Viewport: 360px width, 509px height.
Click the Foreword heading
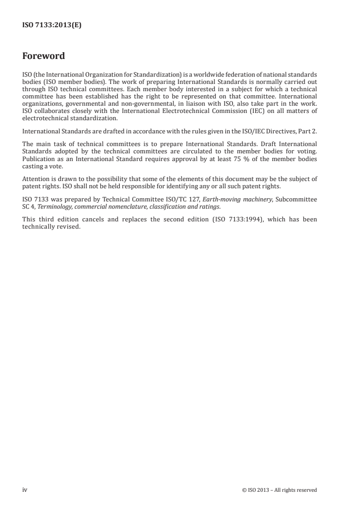point(44,56)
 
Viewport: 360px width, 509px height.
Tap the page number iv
point(25,489)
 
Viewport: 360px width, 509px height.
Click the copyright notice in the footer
point(280,490)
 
